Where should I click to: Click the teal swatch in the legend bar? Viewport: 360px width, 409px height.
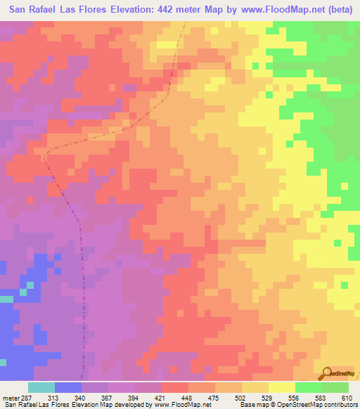tap(41, 388)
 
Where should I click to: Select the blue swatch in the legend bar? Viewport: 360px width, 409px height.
tap(67, 388)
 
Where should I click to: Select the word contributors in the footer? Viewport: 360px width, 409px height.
tap(339, 404)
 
